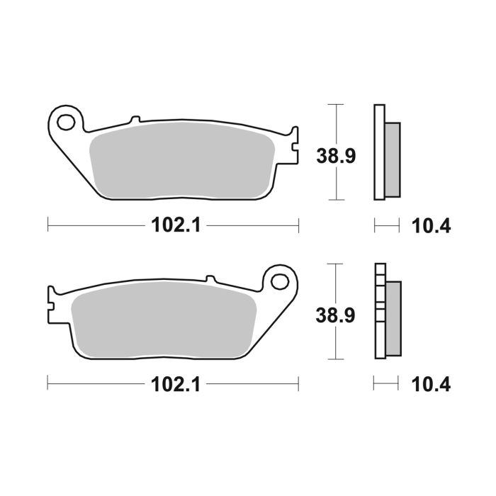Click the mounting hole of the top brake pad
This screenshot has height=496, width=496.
tap(66, 122)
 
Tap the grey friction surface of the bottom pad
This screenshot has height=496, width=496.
tap(163, 319)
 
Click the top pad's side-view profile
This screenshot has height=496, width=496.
tap(385, 152)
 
